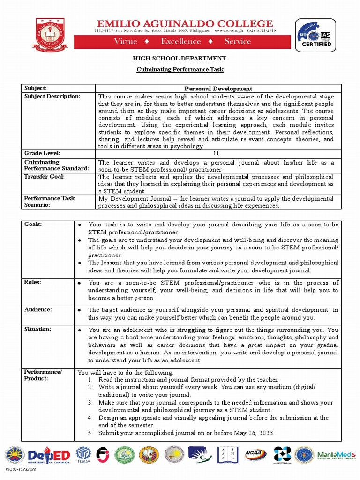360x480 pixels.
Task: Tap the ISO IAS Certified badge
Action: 315,35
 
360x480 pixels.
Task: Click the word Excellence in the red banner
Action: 180,41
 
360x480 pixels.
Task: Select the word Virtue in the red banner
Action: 126,41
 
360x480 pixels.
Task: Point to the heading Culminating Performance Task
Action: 180,69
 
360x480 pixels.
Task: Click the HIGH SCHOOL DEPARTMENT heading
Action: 180,58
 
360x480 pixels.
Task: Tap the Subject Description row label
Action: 52,96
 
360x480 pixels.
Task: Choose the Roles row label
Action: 32,282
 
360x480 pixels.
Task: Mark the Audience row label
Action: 38,310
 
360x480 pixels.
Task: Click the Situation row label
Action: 38,330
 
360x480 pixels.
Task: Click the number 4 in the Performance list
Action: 90,417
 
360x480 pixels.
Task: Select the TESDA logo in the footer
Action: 83,455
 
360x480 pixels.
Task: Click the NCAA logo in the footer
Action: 255,454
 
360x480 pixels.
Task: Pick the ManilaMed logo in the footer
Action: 336,455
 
